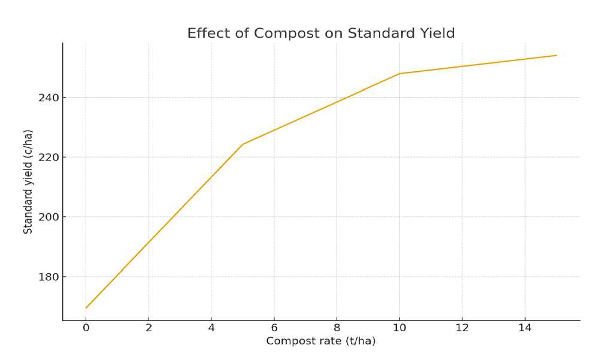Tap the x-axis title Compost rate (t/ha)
tap(320, 341)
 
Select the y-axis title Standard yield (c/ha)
tap(28, 181)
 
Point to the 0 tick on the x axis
tap(86, 327)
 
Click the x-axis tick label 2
tap(149, 327)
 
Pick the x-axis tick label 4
tap(211, 327)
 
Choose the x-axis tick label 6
tap(274, 327)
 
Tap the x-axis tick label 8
tap(337, 327)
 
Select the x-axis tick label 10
tap(399, 327)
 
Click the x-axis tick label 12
tap(462, 327)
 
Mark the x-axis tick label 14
tap(525, 327)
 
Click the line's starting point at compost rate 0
tap(86, 308)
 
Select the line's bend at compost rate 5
tap(243, 144)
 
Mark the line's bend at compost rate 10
tap(399, 74)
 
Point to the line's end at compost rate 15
tap(556, 56)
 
